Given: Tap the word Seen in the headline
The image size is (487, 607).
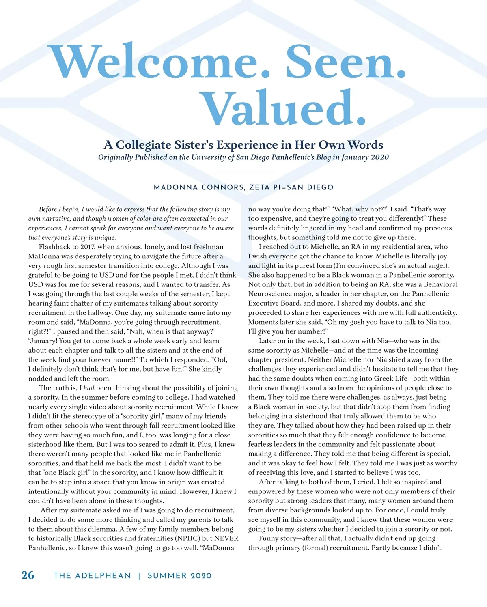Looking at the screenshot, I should (345, 62).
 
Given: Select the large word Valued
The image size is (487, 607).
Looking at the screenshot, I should (284, 108).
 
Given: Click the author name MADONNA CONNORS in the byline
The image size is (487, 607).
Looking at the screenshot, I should (199, 187).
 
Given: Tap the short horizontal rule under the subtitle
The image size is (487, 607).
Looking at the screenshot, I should (243, 172).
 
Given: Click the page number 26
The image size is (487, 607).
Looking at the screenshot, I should (28, 575).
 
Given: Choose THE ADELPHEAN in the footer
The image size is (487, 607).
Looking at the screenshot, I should (93, 575).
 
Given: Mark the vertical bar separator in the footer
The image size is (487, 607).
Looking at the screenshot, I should (139, 575).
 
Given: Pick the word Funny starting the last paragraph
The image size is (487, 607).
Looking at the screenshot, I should (269, 538).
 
